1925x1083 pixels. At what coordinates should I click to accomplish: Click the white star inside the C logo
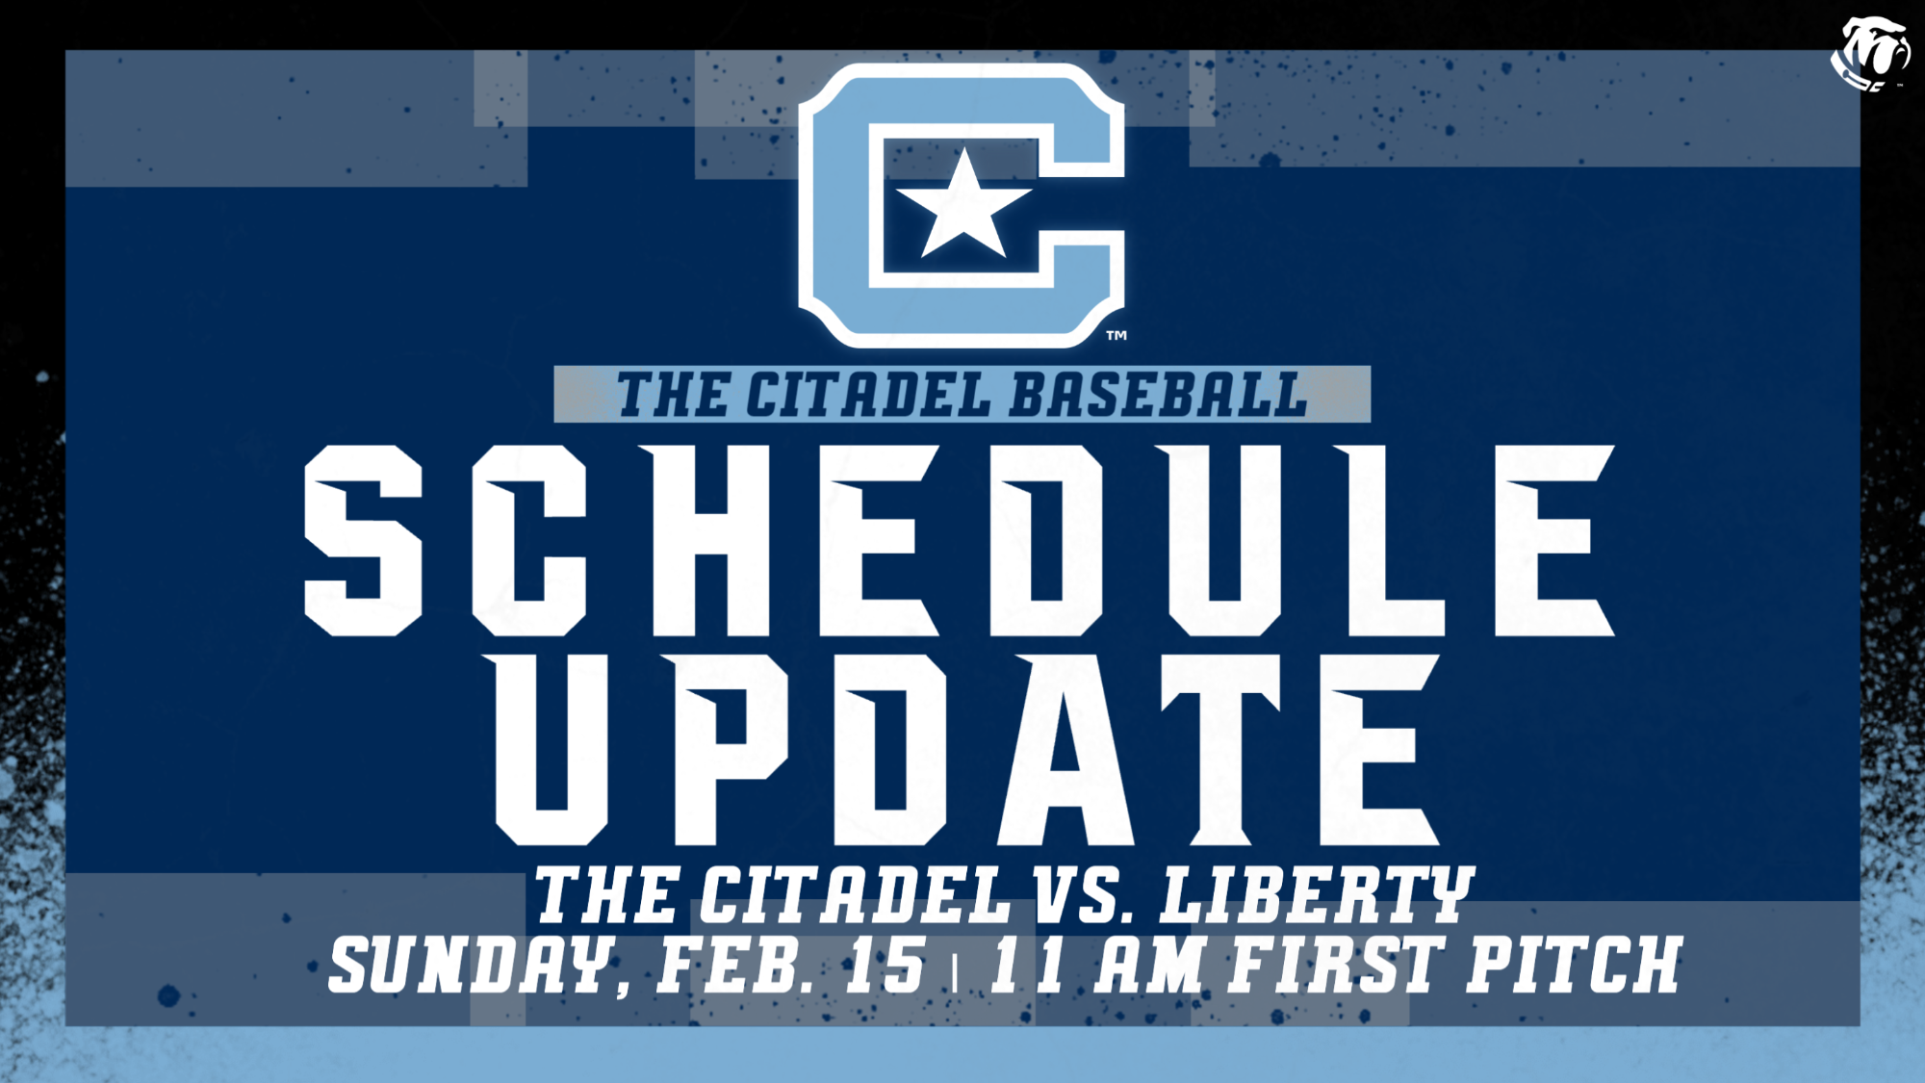963,205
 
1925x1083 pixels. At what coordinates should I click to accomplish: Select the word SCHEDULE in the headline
959,540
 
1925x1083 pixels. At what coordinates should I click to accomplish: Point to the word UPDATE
966,750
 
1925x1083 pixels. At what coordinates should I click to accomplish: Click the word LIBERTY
1317,895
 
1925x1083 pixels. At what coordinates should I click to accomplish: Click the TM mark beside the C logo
1116,336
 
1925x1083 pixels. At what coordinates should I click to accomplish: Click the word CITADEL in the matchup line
855,895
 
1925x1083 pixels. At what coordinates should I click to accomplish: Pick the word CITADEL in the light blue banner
867,396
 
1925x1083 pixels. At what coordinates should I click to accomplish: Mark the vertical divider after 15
955,972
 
